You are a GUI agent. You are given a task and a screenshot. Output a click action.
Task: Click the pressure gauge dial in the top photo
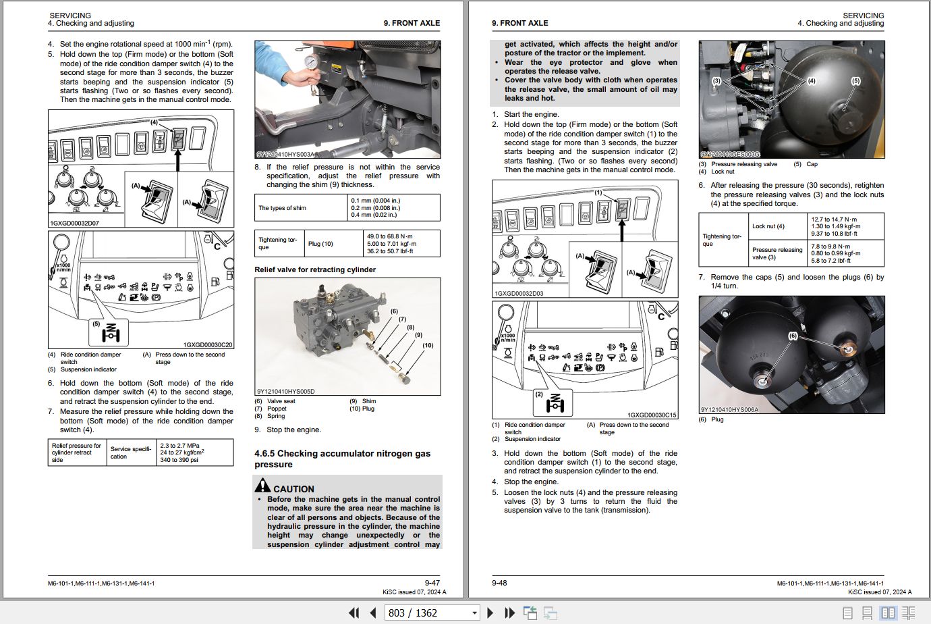(x=310, y=63)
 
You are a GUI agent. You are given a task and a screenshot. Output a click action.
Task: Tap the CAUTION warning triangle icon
(x=262, y=485)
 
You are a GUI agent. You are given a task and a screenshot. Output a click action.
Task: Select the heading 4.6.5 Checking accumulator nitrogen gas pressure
(x=343, y=459)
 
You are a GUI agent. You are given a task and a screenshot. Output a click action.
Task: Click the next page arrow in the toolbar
(x=490, y=613)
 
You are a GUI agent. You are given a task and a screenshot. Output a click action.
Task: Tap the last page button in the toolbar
(x=509, y=613)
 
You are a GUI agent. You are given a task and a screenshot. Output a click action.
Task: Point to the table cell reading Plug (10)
(x=320, y=244)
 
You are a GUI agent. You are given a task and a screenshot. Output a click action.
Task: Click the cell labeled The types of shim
(x=282, y=208)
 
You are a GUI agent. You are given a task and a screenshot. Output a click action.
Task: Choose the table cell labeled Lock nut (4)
(x=768, y=226)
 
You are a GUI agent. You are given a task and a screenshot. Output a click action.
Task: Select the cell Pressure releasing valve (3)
(x=777, y=253)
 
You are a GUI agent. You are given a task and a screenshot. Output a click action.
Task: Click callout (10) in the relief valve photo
(x=428, y=345)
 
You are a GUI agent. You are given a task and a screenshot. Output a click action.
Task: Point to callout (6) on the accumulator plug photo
(x=793, y=336)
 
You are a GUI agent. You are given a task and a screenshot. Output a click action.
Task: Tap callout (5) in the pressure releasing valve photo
(x=855, y=81)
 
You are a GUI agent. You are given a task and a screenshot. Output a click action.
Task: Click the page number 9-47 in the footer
(x=432, y=583)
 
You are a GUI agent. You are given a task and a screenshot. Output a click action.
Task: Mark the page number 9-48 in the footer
(x=499, y=583)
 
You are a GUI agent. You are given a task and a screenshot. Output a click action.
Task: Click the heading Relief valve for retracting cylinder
(x=315, y=269)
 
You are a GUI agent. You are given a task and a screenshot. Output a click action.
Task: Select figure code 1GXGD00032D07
(x=74, y=224)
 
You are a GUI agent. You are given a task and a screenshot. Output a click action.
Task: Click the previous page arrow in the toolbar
(x=373, y=613)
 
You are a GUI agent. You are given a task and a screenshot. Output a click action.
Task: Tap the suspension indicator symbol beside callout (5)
(x=111, y=332)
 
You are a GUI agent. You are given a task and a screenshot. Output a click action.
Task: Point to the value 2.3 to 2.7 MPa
(x=179, y=446)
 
